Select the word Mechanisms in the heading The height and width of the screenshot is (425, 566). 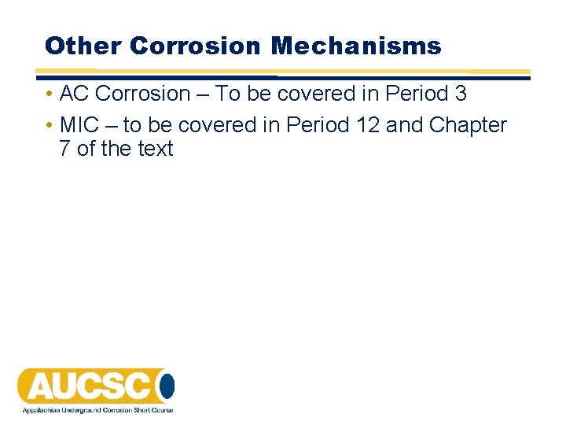[356, 46]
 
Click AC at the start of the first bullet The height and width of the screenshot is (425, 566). [75, 94]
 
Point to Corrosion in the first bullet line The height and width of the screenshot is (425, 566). [143, 94]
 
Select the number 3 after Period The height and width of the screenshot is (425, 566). [461, 94]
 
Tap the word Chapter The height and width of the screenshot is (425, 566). [469, 125]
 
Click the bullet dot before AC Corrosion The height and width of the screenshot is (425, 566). [49, 94]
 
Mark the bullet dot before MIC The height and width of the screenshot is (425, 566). [49, 126]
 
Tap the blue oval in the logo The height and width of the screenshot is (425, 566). [167, 386]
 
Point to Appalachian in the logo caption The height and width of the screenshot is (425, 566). [39, 409]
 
